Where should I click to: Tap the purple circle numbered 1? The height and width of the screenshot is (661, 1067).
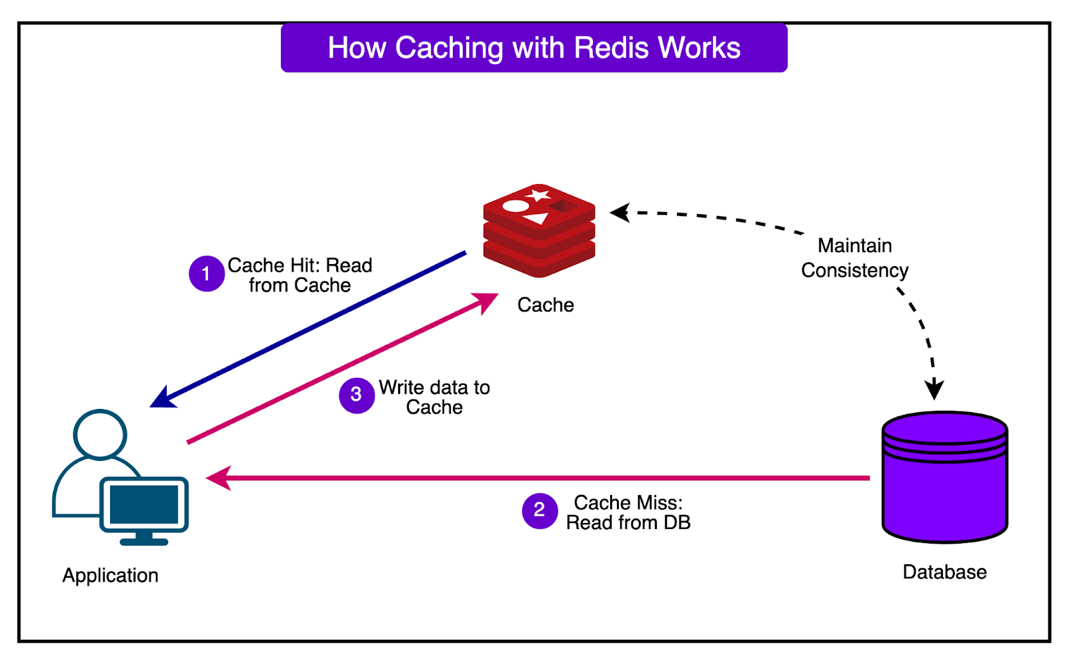click(x=207, y=273)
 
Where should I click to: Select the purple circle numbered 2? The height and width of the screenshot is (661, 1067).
click(x=540, y=510)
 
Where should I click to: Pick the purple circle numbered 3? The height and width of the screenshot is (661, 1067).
click(x=356, y=395)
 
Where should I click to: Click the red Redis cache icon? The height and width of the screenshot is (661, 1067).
click(x=539, y=230)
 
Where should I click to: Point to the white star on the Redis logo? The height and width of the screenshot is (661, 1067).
click(x=538, y=195)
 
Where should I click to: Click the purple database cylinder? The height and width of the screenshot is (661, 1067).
click(x=944, y=476)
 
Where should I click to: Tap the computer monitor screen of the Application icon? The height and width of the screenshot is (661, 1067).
click(x=144, y=504)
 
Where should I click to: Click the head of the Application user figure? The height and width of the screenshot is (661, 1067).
click(x=100, y=434)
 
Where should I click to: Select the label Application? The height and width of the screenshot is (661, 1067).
click(x=111, y=576)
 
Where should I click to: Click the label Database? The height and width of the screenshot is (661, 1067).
click(x=944, y=572)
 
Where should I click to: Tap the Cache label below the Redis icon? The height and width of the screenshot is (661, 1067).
click(x=546, y=305)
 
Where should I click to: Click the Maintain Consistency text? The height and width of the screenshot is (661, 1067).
click(x=854, y=258)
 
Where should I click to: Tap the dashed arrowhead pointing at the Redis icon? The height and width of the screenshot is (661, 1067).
click(x=620, y=213)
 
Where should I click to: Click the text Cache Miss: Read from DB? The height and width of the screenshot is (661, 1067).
click(x=628, y=513)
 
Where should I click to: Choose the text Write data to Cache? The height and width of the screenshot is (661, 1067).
click(x=434, y=398)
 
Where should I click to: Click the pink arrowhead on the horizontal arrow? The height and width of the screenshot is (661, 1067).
click(x=219, y=478)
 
